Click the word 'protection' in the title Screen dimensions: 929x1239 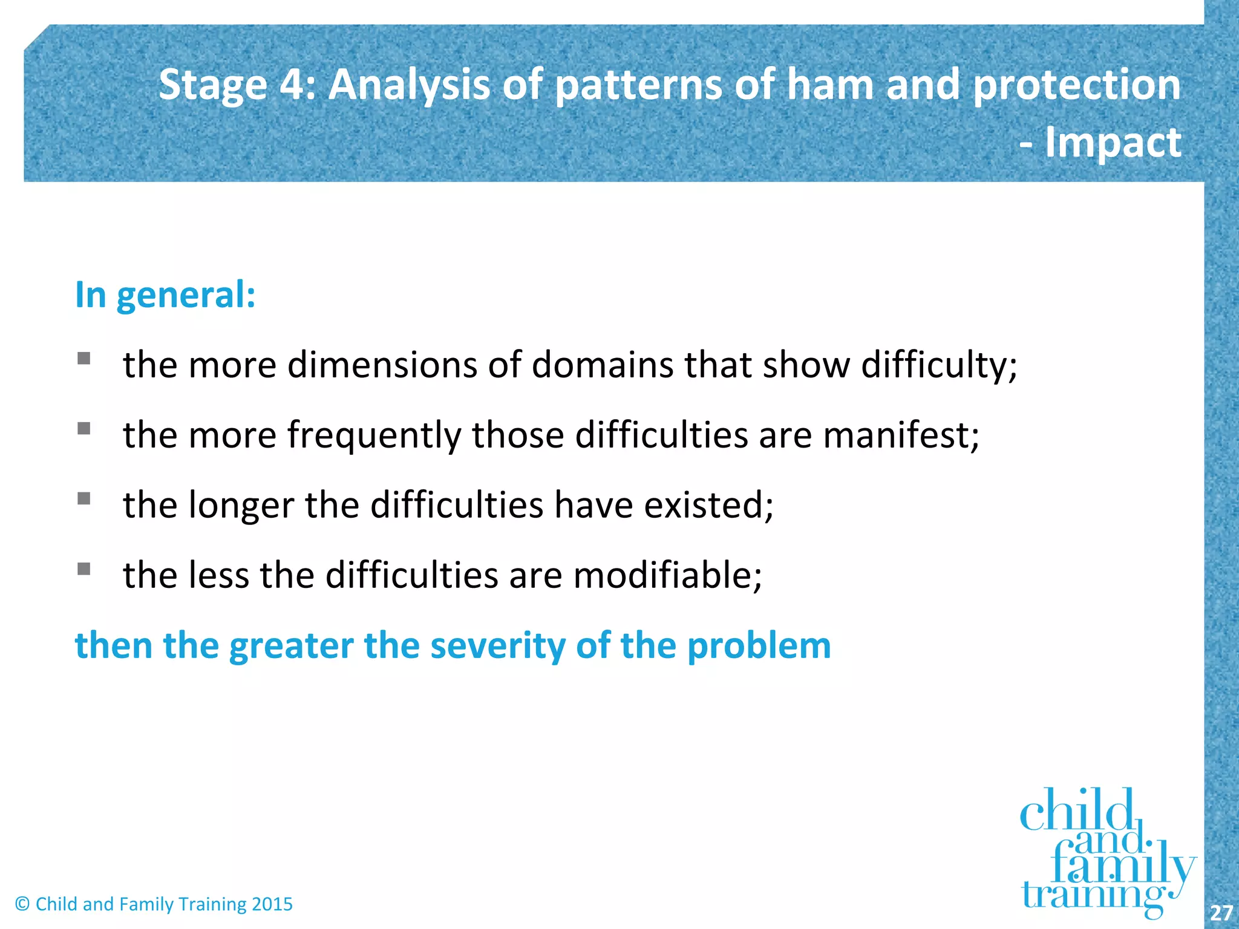tap(1076, 84)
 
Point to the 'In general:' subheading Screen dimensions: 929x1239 tap(165, 295)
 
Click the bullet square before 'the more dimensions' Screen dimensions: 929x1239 tap(84, 359)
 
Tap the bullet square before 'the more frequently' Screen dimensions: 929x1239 tap(84, 429)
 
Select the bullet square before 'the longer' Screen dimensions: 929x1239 tap(84, 498)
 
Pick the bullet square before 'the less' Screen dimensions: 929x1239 tap(84, 569)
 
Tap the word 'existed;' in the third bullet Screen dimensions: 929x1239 tap(708, 505)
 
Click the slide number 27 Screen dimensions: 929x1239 tap(1221, 913)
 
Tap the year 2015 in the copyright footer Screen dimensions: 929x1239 tap(272, 904)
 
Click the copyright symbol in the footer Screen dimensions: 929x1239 tap(22, 904)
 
